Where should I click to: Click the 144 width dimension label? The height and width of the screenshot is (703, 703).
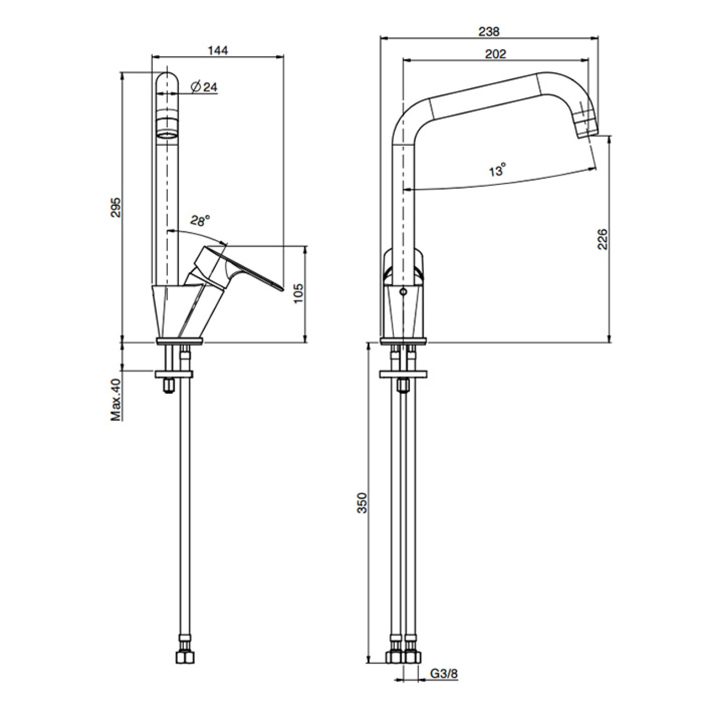coord(218,50)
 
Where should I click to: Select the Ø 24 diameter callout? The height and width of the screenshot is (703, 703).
coord(203,87)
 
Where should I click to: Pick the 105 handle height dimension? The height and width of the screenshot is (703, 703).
coord(298,293)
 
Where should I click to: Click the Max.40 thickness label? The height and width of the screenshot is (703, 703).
coord(115,400)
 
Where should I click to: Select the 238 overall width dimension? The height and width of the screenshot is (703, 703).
coord(489,32)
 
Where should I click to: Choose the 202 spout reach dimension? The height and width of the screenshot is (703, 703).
coord(495,54)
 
